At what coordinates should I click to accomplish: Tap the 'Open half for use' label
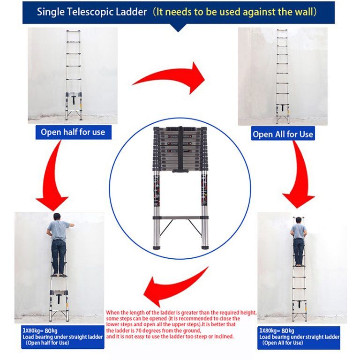point(73,132)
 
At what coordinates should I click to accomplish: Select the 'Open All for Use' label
point(283,134)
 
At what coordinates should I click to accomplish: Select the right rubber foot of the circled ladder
point(204,246)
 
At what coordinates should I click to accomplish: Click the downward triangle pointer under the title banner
point(179,28)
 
